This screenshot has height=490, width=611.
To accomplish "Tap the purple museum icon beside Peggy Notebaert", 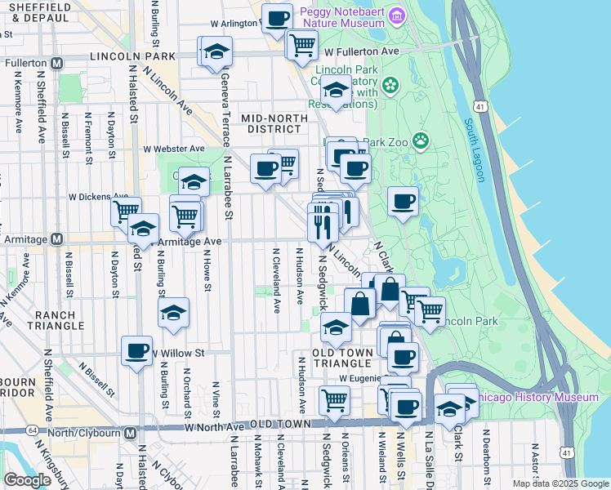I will (x=396, y=16).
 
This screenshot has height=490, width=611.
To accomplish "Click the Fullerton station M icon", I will (x=56, y=63).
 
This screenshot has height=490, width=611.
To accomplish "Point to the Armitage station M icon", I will (x=56, y=239).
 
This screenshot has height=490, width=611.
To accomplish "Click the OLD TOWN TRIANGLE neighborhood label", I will (x=343, y=358).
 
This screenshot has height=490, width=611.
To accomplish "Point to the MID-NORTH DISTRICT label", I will (x=275, y=123).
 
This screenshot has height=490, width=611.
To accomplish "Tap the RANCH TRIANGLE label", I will (x=55, y=319).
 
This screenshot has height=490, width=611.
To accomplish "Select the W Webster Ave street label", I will (x=174, y=149).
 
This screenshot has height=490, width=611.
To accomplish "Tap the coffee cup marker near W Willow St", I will (x=136, y=351).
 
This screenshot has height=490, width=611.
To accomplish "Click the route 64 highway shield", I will (x=32, y=430).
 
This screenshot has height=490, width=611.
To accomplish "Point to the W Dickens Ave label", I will (x=98, y=197).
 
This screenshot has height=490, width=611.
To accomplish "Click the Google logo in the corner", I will (x=27, y=480).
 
